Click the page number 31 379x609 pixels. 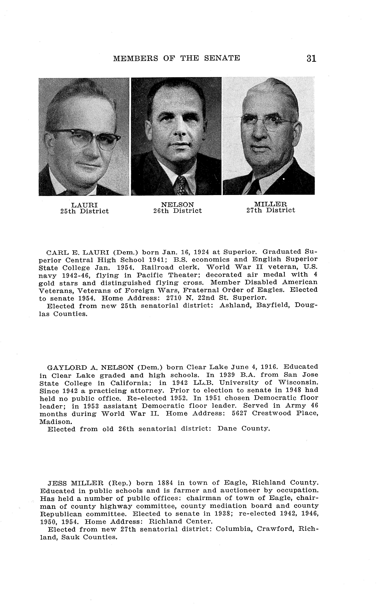coord(311,58)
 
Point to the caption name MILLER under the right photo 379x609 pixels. coord(271,204)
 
